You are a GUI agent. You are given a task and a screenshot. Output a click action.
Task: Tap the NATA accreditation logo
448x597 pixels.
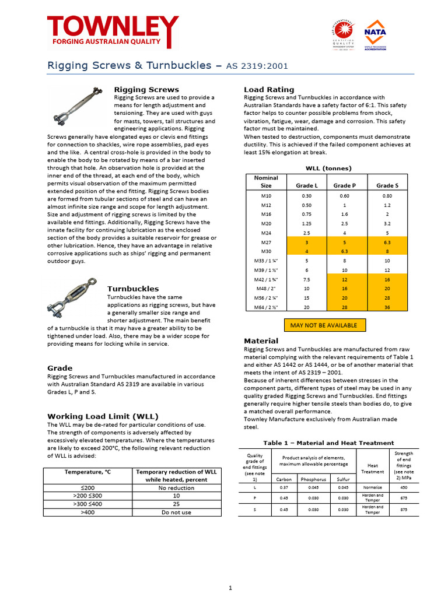click(375, 35)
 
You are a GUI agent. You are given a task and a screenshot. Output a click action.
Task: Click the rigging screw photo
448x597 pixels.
click(77, 107)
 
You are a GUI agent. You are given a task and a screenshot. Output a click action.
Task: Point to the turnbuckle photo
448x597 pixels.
click(75, 303)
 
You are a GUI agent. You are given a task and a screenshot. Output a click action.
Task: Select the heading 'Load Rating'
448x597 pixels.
click(268, 89)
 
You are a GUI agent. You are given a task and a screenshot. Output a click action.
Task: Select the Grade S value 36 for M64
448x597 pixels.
click(388, 307)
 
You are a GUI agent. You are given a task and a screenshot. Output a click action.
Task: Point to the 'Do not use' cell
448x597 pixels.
click(176, 512)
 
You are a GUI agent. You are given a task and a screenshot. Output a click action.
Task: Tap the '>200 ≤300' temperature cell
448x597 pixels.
click(87, 496)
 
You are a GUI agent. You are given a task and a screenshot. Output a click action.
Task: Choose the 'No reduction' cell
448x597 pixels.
click(176, 488)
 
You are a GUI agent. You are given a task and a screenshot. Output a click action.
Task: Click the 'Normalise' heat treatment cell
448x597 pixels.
click(372, 487)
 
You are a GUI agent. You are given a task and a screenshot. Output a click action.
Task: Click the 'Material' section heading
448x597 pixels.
click(261, 340)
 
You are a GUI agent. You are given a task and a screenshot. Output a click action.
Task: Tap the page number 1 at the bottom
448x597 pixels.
click(231, 588)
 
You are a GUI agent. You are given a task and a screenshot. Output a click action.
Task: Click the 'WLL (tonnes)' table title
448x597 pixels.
click(328, 168)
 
